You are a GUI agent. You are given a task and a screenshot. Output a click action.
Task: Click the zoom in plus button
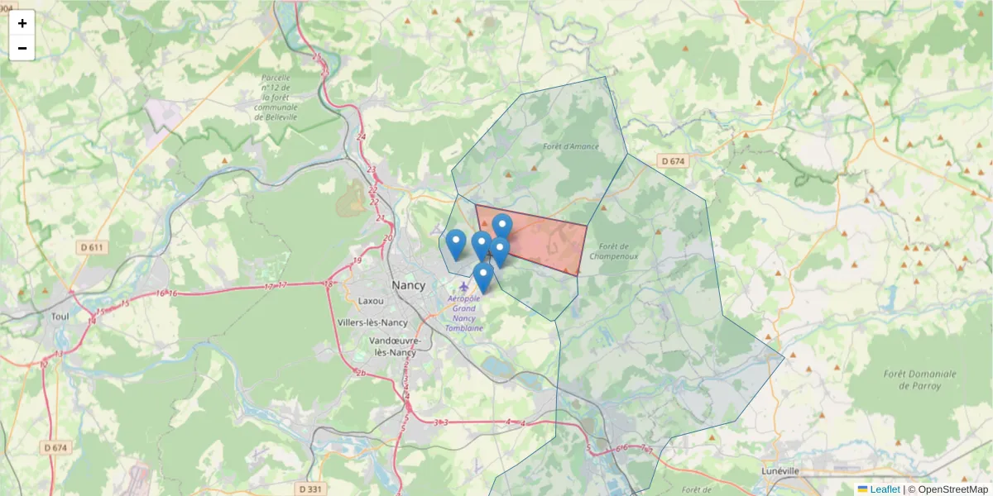(22, 23)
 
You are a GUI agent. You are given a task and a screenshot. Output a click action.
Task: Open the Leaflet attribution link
(884, 489)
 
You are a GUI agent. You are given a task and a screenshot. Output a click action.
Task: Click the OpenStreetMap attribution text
(952, 489)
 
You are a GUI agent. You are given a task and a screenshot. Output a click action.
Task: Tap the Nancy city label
(409, 284)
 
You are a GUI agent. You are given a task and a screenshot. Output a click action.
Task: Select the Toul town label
(60, 316)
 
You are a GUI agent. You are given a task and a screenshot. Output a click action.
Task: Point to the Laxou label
(371, 301)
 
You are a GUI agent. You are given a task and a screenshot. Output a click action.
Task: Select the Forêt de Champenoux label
(614, 251)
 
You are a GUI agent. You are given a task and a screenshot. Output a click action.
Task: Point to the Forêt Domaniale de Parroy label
(919, 379)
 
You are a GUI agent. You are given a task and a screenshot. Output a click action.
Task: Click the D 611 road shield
(94, 247)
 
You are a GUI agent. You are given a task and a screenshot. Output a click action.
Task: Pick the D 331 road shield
(309, 489)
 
